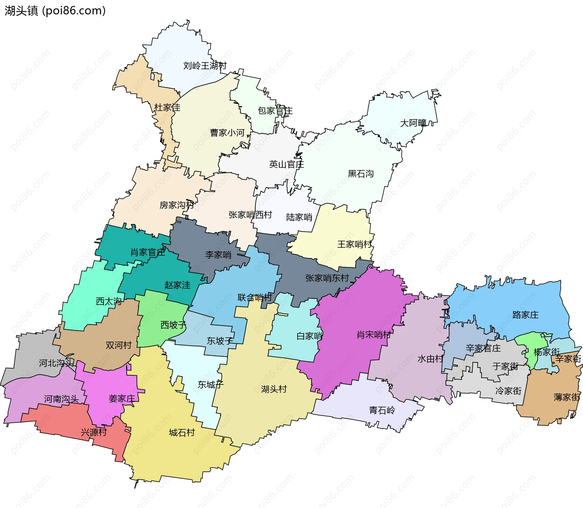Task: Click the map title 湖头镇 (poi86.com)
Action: (55, 11)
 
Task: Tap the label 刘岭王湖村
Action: (205, 66)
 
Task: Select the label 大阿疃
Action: (413, 123)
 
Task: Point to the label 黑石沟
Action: (360, 174)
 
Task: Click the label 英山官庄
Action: (286, 164)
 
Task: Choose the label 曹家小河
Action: (227, 133)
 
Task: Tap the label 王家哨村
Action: (354, 244)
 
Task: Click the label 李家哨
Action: (218, 255)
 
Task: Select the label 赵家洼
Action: (177, 285)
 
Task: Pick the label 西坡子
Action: (173, 325)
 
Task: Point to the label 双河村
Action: (118, 345)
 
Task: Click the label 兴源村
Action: (94, 432)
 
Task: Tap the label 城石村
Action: (182, 432)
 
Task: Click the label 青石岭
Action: (382, 410)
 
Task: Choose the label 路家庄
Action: (525, 315)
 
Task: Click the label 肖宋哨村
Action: (373, 335)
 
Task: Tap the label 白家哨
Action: (309, 336)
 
